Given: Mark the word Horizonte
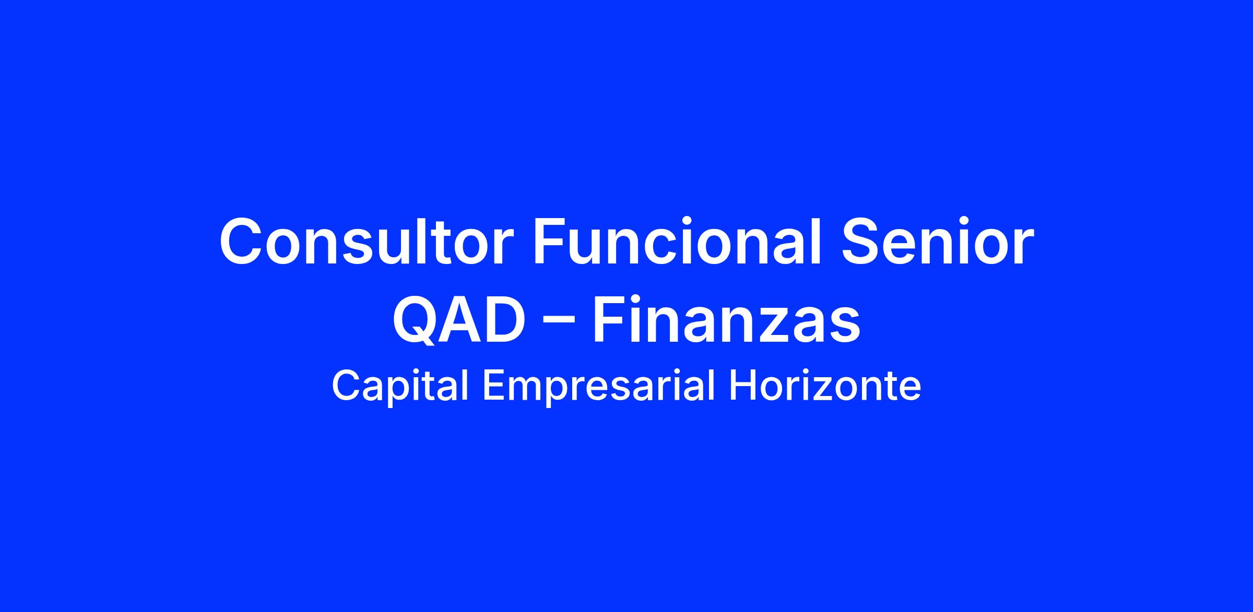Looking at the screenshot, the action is tap(825, 386).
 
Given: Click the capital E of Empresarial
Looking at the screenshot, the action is tap(494, 386).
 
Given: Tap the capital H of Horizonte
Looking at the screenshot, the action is tap(742, 386).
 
